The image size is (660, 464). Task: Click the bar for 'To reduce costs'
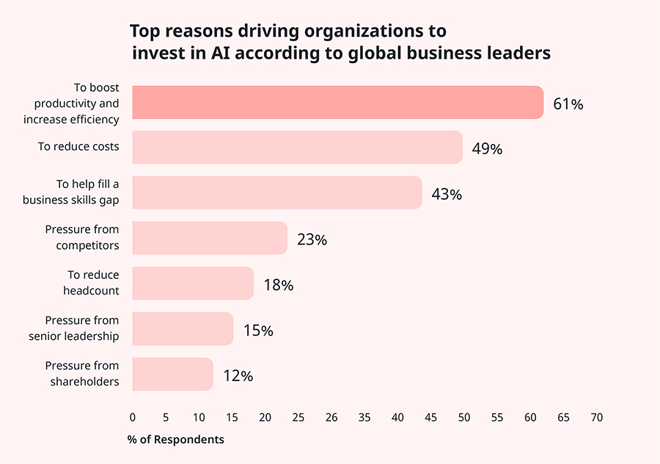[297, 148]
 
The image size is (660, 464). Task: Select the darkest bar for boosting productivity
[337, 103]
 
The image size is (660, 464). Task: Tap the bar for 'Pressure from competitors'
[210, 239]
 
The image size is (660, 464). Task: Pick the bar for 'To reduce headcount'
[193, 284]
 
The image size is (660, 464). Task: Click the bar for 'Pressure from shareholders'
[173, 374]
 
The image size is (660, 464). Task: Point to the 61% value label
[568, 104]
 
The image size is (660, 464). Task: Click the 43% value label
[447, 195]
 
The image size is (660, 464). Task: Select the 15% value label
[258, 331]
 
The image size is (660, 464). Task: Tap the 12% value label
[238, 376]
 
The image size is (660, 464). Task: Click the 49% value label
[487, 149]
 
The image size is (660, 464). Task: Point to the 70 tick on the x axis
[596, 417]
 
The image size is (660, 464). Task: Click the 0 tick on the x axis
[133, 417]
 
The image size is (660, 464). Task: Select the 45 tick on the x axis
[430, 417]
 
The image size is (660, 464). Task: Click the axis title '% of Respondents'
[175, 440]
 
